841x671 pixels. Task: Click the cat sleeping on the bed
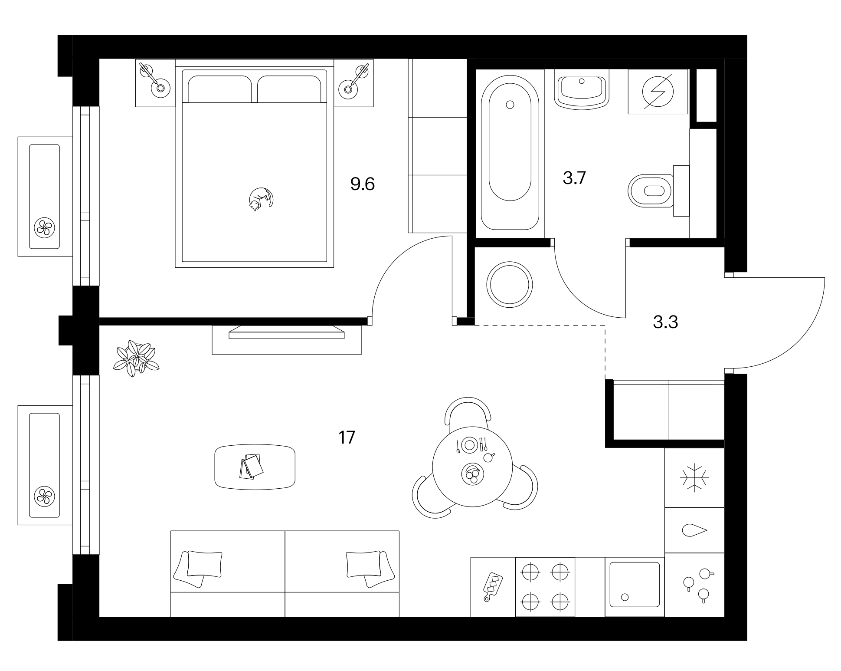coord(261,199)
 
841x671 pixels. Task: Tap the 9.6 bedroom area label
coord(363,184)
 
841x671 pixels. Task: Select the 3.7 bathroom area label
coord(574,178)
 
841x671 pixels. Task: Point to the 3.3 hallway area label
coord(665,322)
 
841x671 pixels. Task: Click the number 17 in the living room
coord(347,437)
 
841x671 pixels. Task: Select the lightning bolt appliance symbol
coord(658,92)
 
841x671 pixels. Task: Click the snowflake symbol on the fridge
coord(694,477)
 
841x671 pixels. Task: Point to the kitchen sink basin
coord(635,585)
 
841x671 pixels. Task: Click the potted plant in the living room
coord(136,358)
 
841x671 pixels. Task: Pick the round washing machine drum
coord(510,285)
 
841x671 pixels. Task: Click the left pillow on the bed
coord(220,89)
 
